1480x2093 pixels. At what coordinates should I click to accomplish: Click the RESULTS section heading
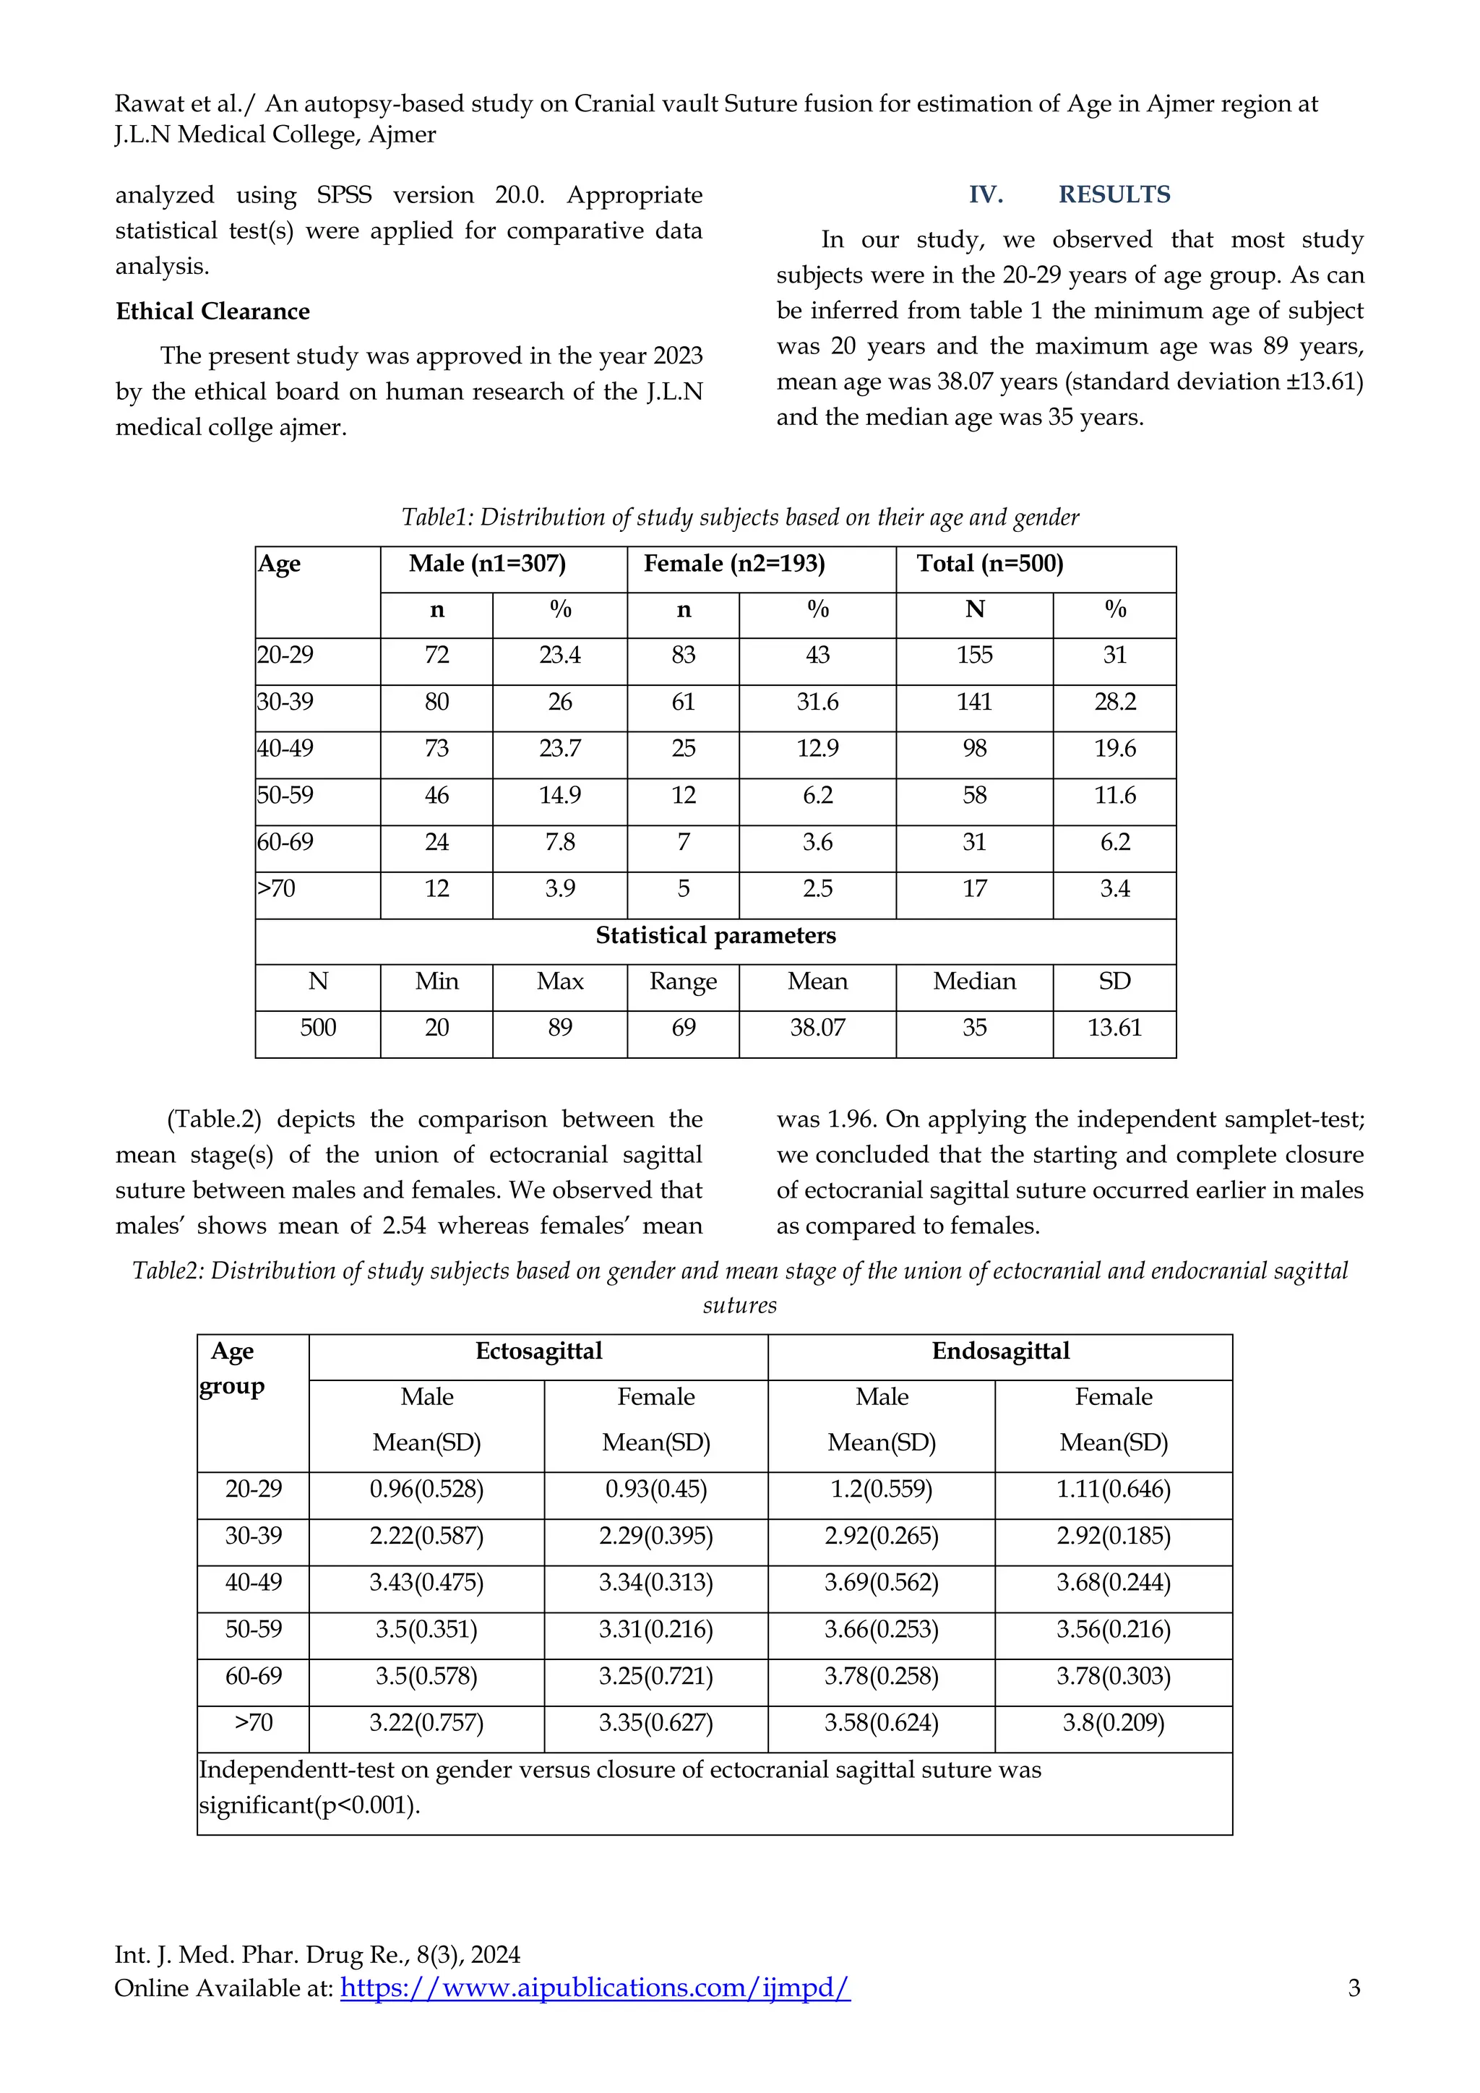click(x=1114, y=194)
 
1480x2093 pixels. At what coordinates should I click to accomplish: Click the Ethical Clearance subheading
click(x=212, y=311)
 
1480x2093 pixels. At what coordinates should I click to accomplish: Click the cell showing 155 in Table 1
click(x=974, y=655)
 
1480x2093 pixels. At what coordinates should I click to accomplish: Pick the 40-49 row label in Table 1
click(x=285, y=749)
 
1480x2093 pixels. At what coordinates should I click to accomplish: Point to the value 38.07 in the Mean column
click(x=817, y=1028)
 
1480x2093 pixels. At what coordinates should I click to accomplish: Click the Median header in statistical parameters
click(x=974, y=981)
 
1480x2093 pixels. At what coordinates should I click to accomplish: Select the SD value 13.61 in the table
click(x=1114, y=1028)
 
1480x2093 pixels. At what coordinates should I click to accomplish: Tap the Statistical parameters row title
click(x=715, y=935)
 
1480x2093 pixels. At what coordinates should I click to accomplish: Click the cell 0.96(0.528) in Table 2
click(x=426, y=1490)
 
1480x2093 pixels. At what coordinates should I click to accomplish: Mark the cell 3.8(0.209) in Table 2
click(x=1113, y=1723)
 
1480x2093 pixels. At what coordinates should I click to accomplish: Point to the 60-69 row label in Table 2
click(x=254, y=1677)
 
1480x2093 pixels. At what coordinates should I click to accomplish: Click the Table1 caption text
click(x=740, y=517)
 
